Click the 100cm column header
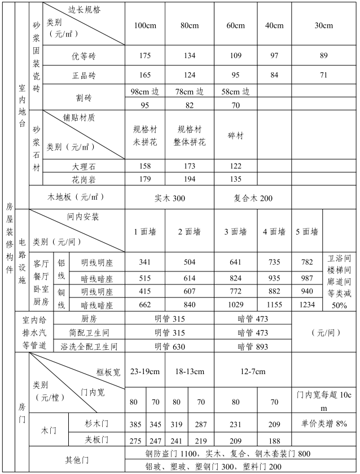[x=145, y=26]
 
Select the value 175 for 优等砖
[x=145, y=55]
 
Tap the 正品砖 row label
[x=84, y=75]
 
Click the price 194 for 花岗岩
[x=189, y=179]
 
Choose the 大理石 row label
[x=84, y=166]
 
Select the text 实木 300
[x=169, y=199]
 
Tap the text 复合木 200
[x=253, y=199]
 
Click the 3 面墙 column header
[x=236, y=232]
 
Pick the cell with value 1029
[x=236, y=305]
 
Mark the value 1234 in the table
[x=308, y=305]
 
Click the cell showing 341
[x=145, y=262]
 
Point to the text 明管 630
[x=170, y=346]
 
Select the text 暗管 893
[x=253, y=346]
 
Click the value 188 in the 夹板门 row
[x=274, y=440]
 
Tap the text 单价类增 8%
[x=324, y=424]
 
